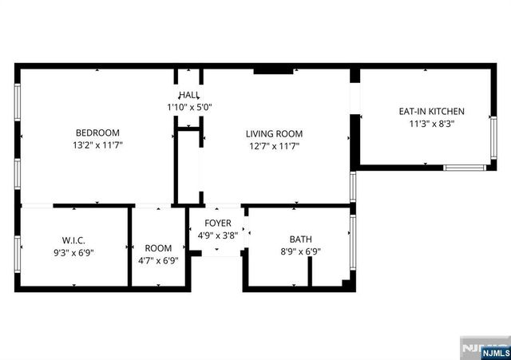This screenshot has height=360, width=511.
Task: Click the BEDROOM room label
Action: (x=97, y=133)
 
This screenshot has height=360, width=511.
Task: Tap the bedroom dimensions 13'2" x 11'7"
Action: (x=97, y=145)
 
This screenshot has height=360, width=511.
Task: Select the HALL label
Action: (x=189, y=95)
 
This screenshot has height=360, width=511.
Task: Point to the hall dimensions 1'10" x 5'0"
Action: (x=189, y=107)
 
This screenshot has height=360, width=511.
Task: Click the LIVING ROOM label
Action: (x=274, y=133)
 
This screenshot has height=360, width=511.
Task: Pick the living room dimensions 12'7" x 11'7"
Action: (x=274, y=146)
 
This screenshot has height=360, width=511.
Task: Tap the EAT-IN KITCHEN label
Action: (x=431, y=111)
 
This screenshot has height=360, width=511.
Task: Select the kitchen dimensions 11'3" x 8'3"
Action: (x=431, y=124)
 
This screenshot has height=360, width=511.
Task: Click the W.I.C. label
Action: (x=73, y=240)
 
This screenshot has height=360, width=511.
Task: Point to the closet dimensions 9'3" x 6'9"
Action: (x=73, y=253)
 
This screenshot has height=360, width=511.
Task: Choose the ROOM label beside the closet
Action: (x=158, y=247)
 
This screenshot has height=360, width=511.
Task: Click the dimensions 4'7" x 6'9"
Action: (x=158, y=260)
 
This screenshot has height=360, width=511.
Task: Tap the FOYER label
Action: (x=217, y=224)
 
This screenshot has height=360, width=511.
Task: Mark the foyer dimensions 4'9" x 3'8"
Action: (x=217, y=235)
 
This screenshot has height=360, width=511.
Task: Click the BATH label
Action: (x=300, y=239)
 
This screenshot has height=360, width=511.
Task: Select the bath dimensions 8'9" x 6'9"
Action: (x=300, y=251)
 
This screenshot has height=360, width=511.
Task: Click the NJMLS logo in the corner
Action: (x=484, y=350)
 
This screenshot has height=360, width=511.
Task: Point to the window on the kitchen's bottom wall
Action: (x=465, y=168)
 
